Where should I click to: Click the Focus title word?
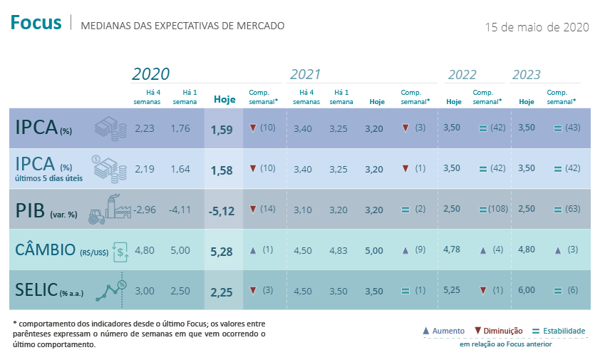(36, 24)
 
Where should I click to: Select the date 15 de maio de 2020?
(536, 27)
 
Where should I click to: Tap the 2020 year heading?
(151, 74)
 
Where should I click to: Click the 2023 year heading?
(526, 75)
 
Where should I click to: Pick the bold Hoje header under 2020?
(224, 100)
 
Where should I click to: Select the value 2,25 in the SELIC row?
(222, 291)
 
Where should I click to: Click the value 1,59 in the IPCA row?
(222, 129)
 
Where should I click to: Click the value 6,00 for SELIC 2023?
(526, 290)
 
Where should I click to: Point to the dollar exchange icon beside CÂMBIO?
(121, 250)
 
